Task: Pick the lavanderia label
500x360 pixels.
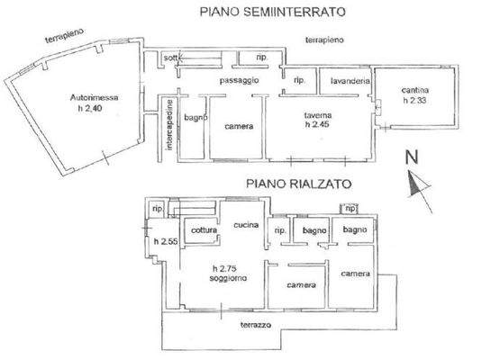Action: pos(351,82)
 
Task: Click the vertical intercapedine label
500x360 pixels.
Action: pos(170,129)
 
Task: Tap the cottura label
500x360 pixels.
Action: pos(205,231)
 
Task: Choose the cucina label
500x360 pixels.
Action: pos(246,224)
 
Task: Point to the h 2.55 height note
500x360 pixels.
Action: pos(163,241)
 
